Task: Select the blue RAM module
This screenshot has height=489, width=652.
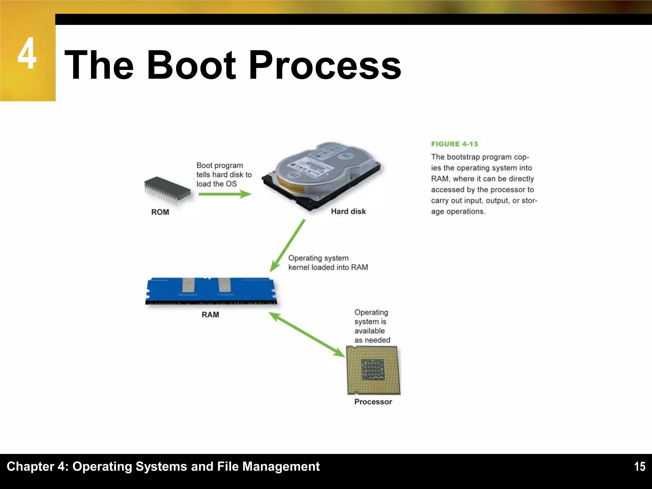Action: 211,291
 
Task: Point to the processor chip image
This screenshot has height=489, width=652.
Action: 373,370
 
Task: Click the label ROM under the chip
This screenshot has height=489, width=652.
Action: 160,212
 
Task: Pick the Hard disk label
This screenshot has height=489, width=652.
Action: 348,211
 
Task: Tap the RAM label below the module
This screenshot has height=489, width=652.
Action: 210,315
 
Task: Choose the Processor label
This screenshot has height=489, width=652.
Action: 373,402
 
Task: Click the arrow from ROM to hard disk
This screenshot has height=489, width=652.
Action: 225,194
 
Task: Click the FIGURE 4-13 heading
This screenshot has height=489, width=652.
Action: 454,144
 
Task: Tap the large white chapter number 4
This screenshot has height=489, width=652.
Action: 27,54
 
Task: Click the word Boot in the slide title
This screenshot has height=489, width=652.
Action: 191,65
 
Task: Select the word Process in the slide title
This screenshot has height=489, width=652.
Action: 325,65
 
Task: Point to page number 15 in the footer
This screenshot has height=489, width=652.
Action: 640,467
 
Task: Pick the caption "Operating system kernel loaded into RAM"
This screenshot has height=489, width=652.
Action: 328,263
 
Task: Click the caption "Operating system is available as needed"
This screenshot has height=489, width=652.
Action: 372,326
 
